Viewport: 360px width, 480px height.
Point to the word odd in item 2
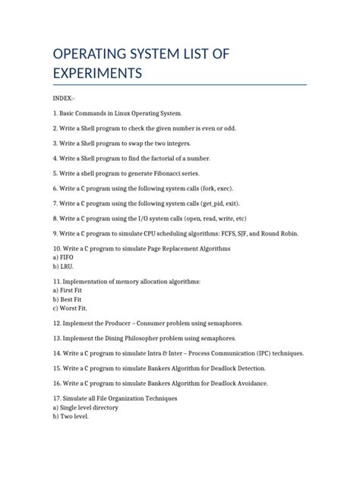tap(229, 128)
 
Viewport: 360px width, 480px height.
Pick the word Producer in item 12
tap(131, 324)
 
